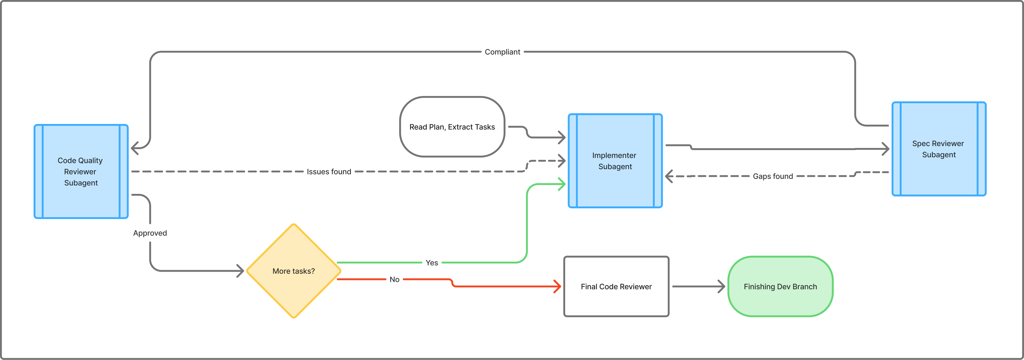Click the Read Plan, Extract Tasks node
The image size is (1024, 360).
[x=452, y=127]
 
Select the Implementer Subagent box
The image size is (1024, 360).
[x=615, y=161]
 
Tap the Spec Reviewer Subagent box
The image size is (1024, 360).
[x=938, y=149]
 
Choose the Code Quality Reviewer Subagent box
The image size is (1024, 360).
[x=81, y=171]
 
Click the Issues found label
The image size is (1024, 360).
[x=329, y=172]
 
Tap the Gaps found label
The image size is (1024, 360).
[x=772, y=176]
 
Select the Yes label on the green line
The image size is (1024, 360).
[x=432, y=263]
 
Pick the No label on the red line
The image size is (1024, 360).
[x=394, y=279]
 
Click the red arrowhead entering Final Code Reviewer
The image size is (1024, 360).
[x=558, y=286]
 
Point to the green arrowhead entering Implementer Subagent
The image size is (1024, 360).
[x=562, y=184]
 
